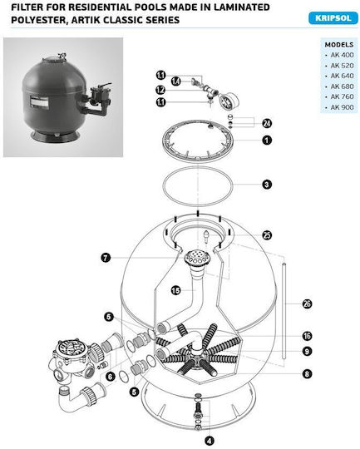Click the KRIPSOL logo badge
333,18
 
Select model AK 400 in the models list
342,55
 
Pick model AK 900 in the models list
342,107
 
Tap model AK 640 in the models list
342,76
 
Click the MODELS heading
339,45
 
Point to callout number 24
267,123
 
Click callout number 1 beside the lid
267,141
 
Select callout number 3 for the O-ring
267,185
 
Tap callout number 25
267,235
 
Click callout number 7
106,258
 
